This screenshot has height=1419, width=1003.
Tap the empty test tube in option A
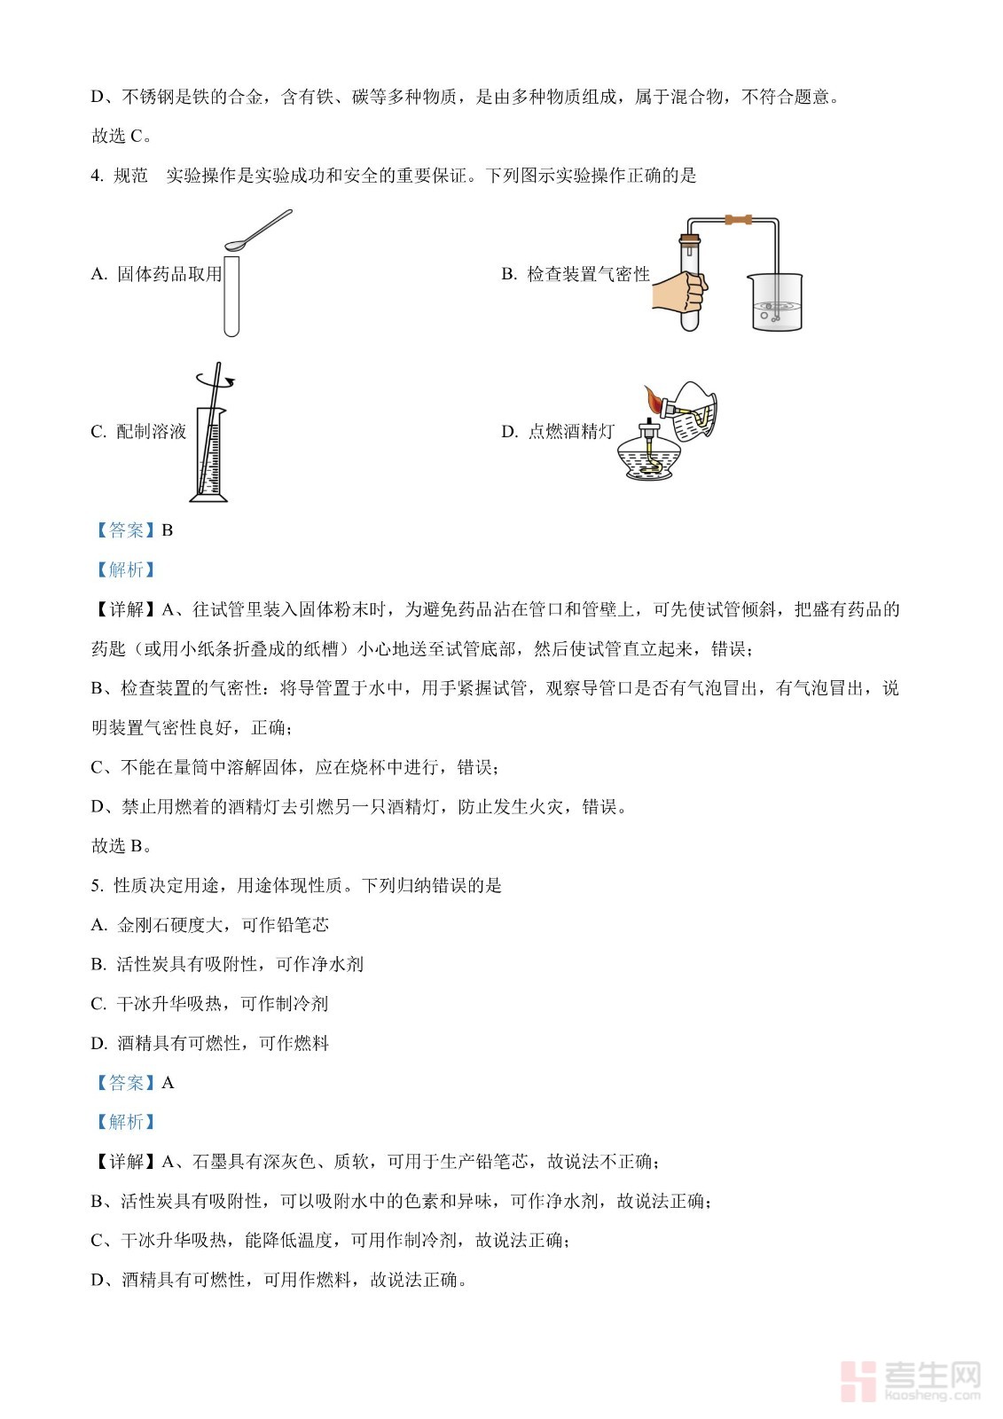[231, 295]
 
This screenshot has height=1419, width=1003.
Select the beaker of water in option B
[776, 302]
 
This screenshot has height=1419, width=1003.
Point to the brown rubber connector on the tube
[739, 220]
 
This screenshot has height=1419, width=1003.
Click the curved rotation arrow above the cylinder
[215, 380]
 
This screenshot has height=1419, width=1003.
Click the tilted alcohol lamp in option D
[691, 412]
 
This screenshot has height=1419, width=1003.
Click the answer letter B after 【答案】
[168, 530]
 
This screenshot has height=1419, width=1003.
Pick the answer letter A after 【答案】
[168, 1083]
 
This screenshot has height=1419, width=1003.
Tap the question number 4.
[97, 176]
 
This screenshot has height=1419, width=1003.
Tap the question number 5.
[97, 886]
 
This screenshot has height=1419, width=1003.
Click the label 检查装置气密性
[589, 274]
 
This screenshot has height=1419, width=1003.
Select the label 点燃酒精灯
[571, 432]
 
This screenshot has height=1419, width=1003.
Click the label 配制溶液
[152, 432]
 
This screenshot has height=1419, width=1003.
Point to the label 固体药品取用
[169, 274]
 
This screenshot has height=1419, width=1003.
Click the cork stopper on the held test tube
[689, 240]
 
